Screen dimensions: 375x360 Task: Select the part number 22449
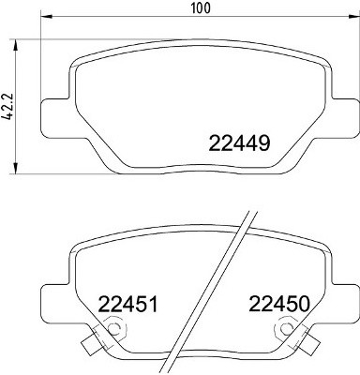[x=237, y=144]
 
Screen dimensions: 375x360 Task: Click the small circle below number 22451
[x=115, y=329]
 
